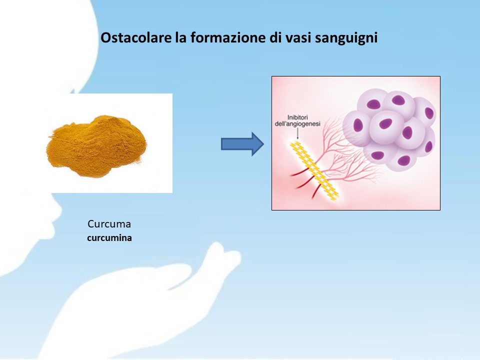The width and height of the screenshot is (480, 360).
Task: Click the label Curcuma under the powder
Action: pyautogui.click(x=109, y=224)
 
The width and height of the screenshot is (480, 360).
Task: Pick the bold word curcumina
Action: pyautogui.click(x=109, y=238)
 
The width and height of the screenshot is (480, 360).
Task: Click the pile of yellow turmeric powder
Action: pyautogui.click(x=96, y=146)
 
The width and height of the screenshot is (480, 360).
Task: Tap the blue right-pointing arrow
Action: pyautogui.click(x=242, y=144)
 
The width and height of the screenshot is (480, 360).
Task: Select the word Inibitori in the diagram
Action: pyautogui.click(x=297, y=117)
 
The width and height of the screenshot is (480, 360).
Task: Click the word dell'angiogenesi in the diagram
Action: pyautogui.click(x=297, y=124)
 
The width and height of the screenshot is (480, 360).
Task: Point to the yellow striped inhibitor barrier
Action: pyautogui.click(x=314, y=171)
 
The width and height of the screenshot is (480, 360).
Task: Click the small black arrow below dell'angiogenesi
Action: pyautogui.click(x=297, y=133)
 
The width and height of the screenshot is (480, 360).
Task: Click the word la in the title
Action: pyautogui.click(x=180, y=37)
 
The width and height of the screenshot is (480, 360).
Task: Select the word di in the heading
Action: pyautogui.click(x=275, y=37)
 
